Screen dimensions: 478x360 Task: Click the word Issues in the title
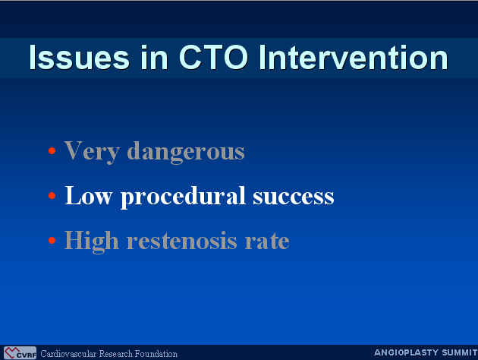click(x=80, y=58)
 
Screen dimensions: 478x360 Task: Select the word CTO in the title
click(x=213, y=58)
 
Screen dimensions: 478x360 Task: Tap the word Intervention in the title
click(x=354, y=58)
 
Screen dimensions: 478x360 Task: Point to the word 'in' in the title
click(x=154, y=58)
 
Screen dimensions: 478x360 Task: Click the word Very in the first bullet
click(x=92, y=152)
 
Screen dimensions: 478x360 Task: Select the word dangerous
click(x=186, y=152)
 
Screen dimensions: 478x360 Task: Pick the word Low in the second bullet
click(x=89, y=196)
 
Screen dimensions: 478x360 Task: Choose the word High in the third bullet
click(x=92, y=242)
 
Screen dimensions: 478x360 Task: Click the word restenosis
click(x=181, y=241)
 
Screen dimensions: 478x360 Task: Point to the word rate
click(x=267, y=242)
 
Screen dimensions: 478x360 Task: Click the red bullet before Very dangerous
click(x=52, y=150)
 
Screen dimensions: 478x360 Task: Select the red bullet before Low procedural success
click(x=52, y=195)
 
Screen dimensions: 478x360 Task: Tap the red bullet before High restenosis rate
click(x=52, y=241)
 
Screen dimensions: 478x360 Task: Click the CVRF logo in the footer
click(x=20, y=353)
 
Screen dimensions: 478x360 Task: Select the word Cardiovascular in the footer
click(x=68, y=354)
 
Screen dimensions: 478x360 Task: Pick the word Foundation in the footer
click(x=156, y=354)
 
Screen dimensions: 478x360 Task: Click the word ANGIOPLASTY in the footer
click(x=407, y=352)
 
